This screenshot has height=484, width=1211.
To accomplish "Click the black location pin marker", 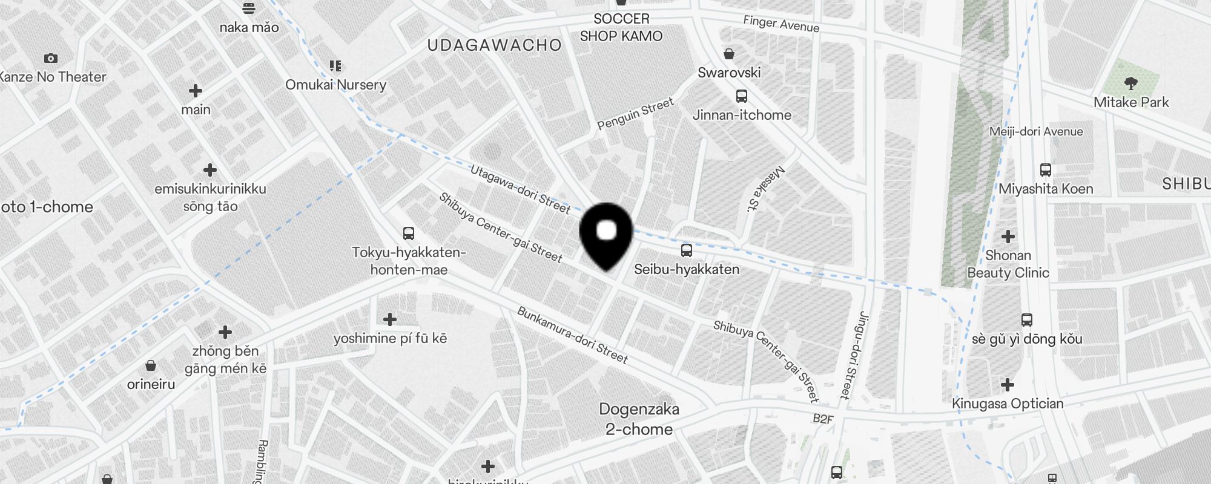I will [606, 234].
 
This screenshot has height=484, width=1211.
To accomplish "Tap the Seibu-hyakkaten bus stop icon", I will [686, 250].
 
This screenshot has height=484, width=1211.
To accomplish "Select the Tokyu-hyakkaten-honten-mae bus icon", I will [409, 234].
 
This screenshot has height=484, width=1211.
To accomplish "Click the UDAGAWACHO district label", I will [494, 45].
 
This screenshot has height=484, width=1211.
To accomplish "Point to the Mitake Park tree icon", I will [1130, 83].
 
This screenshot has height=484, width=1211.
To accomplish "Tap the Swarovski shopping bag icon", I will [729, 54].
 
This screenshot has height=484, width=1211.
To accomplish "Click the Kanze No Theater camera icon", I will [51, 59].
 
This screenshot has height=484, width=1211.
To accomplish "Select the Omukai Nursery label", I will [335, 85].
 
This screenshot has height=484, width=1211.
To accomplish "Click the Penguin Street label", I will [635, 114].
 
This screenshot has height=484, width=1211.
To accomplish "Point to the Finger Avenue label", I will [781, 24].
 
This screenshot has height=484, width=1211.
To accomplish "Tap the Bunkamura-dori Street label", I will [572, 335].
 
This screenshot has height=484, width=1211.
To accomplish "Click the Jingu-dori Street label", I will [854, 355].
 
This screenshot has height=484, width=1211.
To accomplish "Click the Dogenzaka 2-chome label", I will [639, 419].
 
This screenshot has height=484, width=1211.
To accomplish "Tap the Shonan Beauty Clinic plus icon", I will [1008, 237].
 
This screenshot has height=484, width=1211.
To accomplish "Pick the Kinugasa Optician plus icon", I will [1008, 385].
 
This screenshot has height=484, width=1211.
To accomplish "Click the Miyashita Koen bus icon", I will [1046, 170].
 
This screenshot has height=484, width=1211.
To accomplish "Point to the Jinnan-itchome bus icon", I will [742, 96].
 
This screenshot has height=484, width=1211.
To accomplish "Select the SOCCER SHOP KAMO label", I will [621, 28].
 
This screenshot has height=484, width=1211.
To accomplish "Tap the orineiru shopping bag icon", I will [151, 365].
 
